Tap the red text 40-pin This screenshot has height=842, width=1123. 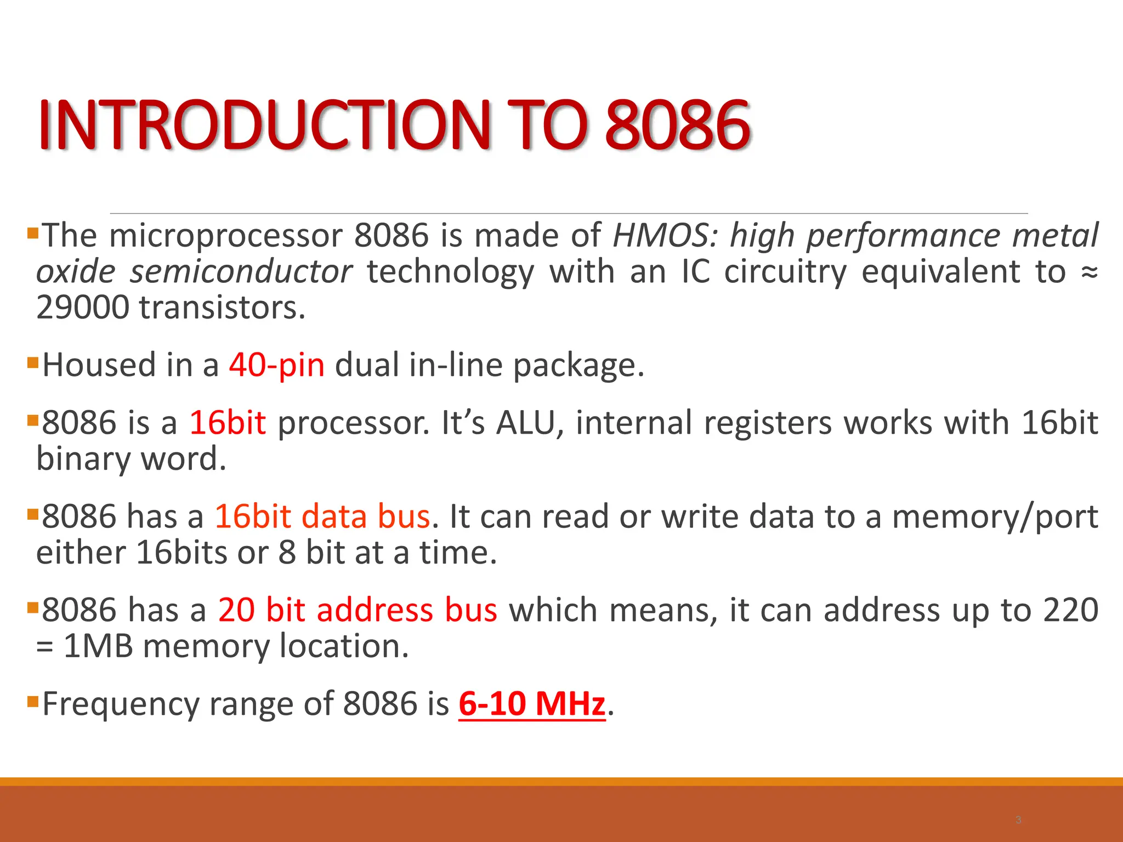point(277,365)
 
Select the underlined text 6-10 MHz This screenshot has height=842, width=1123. point(532,703)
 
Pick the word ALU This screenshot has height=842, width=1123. point(529,423)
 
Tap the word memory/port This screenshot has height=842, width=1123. point(995,517)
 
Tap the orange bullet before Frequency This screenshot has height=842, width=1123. point(33,701)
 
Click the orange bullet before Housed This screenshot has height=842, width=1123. point(33,362)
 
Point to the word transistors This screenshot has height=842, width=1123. point(222,308)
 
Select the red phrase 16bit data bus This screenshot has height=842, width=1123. point(322,517)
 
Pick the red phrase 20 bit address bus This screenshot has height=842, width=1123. point(358,610)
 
